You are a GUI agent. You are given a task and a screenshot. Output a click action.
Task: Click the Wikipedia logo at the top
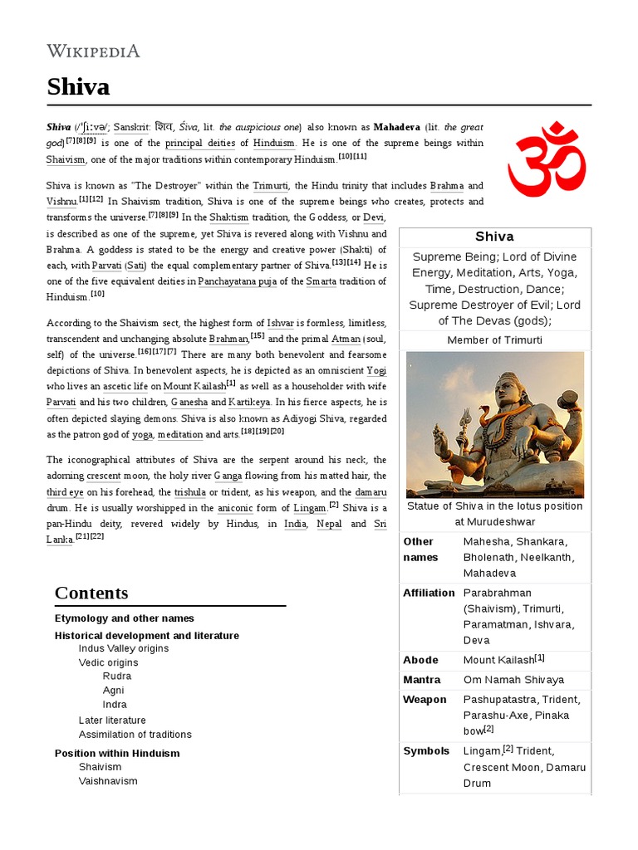[x=93, y=51]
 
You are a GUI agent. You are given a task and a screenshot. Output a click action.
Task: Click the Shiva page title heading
[x=78, y=86]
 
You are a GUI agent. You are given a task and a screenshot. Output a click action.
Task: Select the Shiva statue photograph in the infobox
[x=495, y=424]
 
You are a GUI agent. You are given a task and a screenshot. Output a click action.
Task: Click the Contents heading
[x=91, y=593]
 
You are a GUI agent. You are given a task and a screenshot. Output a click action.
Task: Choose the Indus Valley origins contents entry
[x=124, y=648]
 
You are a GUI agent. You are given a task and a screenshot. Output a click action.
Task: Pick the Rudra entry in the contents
[x=117, y=677]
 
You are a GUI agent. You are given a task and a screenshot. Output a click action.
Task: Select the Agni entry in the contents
[x=114, y=690]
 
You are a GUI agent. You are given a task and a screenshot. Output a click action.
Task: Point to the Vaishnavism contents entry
[x=108, y=781]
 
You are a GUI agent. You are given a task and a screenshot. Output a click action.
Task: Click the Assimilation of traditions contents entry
[x=135, y=735]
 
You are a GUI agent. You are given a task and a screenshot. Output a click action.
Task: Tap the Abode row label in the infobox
[x=420, y=660]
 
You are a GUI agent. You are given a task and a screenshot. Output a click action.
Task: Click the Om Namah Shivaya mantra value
[x=513, y=680]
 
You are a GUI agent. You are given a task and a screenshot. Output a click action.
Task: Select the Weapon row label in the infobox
[x=425, y=700]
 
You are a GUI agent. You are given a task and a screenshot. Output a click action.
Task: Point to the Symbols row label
[x=426, y=751]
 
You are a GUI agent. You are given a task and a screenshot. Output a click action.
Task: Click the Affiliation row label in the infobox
[x=429, y=593]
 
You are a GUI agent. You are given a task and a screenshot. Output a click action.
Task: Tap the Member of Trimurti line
[x=495, y=340]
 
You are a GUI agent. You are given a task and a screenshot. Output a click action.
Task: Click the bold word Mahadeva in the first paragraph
[x=396, y=128]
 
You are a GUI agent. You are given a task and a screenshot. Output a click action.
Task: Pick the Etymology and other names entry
[x=125, y=618]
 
